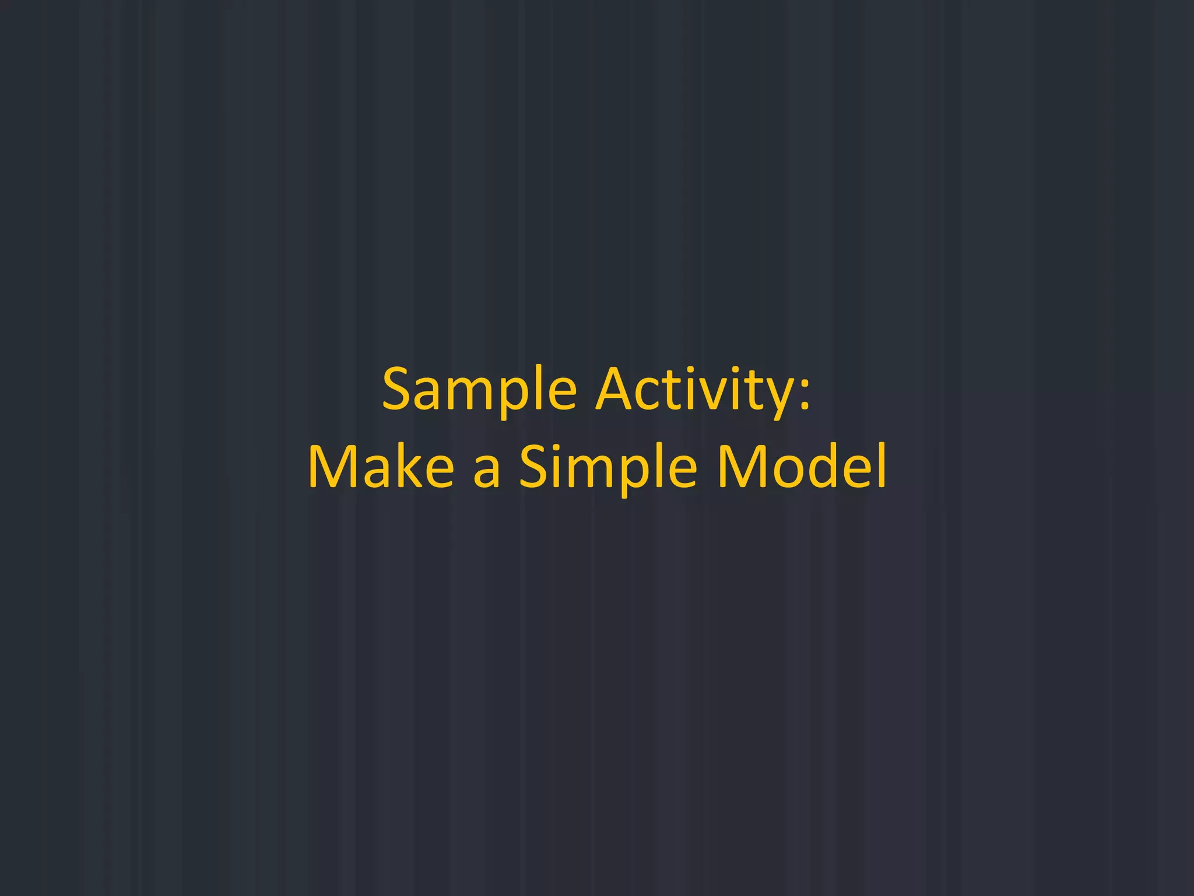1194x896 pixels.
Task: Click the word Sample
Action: pos(479,390)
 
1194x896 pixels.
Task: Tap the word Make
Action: pos(381,467)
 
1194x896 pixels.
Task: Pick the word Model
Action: pos(802,467)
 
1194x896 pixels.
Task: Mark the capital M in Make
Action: pos(333,467)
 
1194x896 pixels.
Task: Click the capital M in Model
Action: pos(740,467)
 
